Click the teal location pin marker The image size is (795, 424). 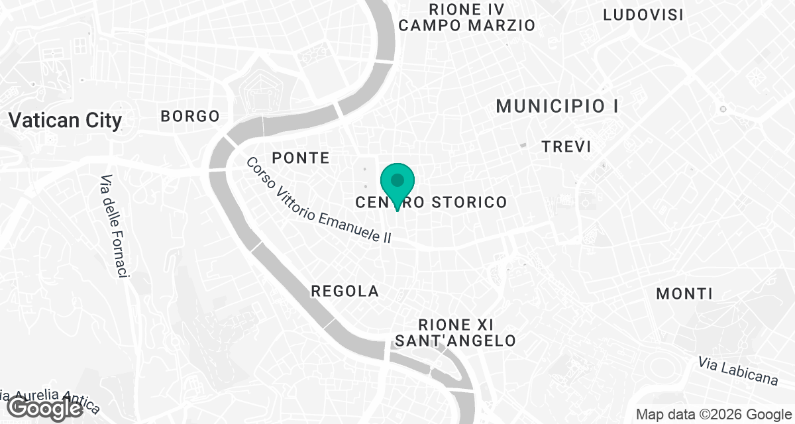[x=397, y=182]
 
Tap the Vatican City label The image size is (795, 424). [x=65, y=121]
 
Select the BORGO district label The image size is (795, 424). [x=190, y=116]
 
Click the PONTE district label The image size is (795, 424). [x=301, y=158]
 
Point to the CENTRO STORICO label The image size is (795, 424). [x=431, y=202]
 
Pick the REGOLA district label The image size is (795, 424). [x=344, y=291]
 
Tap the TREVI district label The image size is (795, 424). [x=566, y=146]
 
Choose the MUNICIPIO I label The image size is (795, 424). [x=557, y=106]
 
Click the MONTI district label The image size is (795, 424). [x=684, y=293]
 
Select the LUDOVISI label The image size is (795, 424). [x=643, y=15]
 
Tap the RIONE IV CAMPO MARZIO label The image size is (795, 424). [x=467, y=18]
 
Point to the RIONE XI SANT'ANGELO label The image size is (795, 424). [x=454, y=333]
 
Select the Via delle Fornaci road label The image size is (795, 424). [x=114, y=226]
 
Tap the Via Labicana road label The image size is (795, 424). [x=737, y=371]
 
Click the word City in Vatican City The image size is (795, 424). [x=98, y=121]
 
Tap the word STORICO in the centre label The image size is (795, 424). [x=470, y=202]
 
